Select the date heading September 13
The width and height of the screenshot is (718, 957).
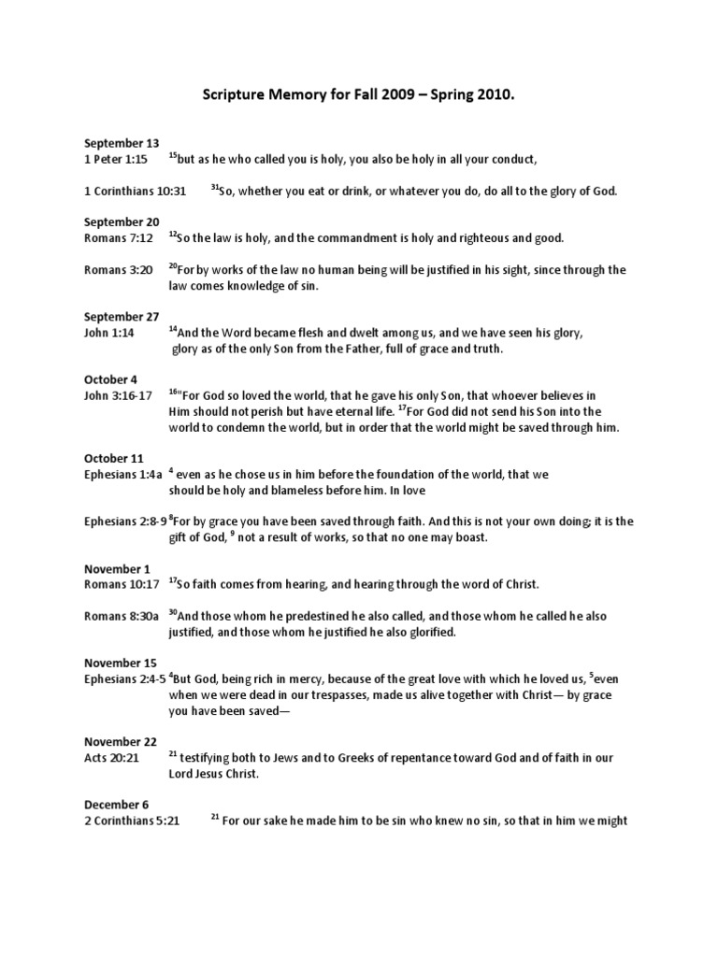[x=122, y=143]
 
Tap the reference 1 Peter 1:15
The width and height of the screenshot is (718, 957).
[x=117, y=159]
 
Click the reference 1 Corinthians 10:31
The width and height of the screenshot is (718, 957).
[x=136, y=191]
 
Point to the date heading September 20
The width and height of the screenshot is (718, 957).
[x=122, y=222]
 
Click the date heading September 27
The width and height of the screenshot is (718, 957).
[x=122, y=317]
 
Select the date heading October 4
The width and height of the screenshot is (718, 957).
[x=110, y=379]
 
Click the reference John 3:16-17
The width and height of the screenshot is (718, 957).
[x=117, y=396]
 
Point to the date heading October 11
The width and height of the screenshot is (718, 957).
[x=113, y=459]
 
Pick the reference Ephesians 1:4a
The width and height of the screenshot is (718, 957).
[x=122, y=475]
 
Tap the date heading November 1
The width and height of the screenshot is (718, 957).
[x=117, y=569]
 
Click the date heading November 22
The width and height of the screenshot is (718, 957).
[x=121, y=742]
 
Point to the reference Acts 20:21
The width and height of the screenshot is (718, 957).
[x=111, y=758]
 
